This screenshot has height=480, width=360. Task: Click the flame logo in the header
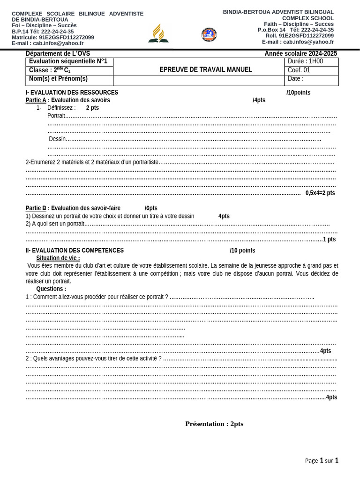[x=158, y=33]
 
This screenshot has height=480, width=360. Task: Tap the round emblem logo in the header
[x=209, y=34]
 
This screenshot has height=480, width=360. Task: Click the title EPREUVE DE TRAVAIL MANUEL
[x=205, y=69]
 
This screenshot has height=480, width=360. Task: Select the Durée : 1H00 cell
[x=311, y=61]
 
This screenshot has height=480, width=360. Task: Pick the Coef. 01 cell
[x=311, y=70]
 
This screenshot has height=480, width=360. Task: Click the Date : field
[x=311, y=79]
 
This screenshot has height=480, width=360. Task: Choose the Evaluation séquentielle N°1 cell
[x=68, y=61]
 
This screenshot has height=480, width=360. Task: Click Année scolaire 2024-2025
[x=300, y=53]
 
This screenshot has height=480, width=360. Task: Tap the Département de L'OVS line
[x=58, y=53]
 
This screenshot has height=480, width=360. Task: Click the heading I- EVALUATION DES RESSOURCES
[x=72, y=92]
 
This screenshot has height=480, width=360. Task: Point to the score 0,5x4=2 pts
[x=320, y=193]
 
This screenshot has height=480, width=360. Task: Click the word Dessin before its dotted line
[x=57, y=139]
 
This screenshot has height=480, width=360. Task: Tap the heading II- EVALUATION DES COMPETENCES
[x=75, y=250]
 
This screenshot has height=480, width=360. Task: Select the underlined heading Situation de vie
[x=58, y=258]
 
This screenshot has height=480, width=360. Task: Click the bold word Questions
[x=51, y=289]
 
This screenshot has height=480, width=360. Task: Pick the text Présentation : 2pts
[x=214, y=424]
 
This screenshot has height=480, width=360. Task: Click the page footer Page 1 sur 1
[x=322, y=460]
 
